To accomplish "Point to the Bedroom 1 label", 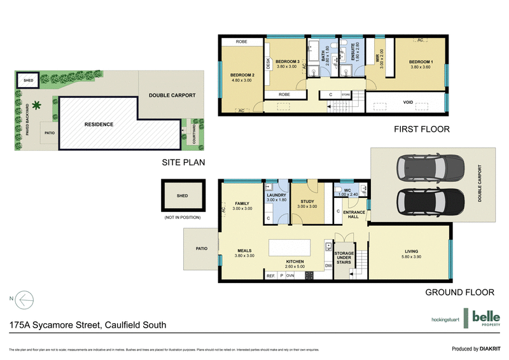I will pos(421,61).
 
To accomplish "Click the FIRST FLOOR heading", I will pos(421,129).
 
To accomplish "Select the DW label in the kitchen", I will pos(328,266).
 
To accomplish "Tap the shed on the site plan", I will pos(28,81).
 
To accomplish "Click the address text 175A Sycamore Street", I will pos(88,325).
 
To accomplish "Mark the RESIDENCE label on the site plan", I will pos(99,124).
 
